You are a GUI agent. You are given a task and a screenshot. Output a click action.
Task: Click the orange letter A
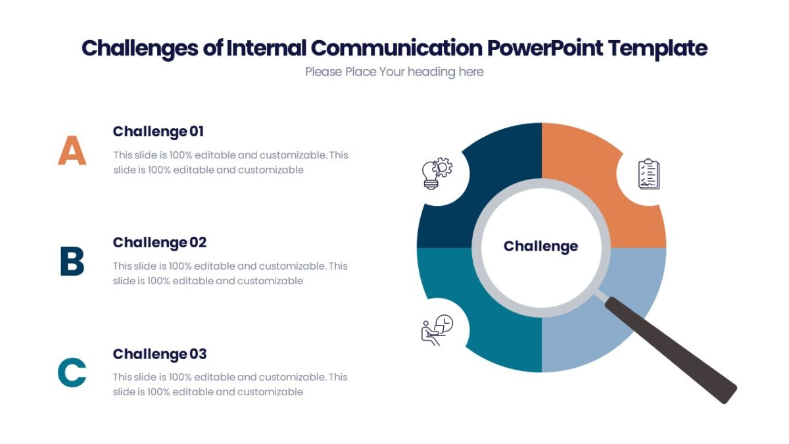pos(72,151)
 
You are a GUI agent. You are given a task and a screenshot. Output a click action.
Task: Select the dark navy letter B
pos(72,261)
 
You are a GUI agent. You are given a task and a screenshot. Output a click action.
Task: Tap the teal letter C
pos(72,372)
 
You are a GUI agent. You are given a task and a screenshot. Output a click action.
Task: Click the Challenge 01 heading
pos(158,132)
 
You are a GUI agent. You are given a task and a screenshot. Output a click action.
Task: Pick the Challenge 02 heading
pos(160,243)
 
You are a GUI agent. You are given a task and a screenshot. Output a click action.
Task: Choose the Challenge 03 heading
pos(160,354)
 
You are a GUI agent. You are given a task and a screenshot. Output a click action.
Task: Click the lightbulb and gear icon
pos(437,174)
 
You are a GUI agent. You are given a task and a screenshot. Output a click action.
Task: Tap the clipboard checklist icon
pos(648,174)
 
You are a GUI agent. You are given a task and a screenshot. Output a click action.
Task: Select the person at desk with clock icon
pos(437,330)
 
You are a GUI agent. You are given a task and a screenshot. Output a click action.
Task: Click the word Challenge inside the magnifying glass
pos(540,246)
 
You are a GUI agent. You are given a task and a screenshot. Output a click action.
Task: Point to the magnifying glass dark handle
pos(671,349)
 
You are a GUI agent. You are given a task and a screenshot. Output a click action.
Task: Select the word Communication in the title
pos(396,48)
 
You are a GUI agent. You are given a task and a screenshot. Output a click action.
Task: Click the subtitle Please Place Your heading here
pos(394,72)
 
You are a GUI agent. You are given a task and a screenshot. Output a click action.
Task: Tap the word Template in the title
pos(657,48)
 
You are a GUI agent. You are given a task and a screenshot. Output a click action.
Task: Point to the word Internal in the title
pos(266,48)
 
